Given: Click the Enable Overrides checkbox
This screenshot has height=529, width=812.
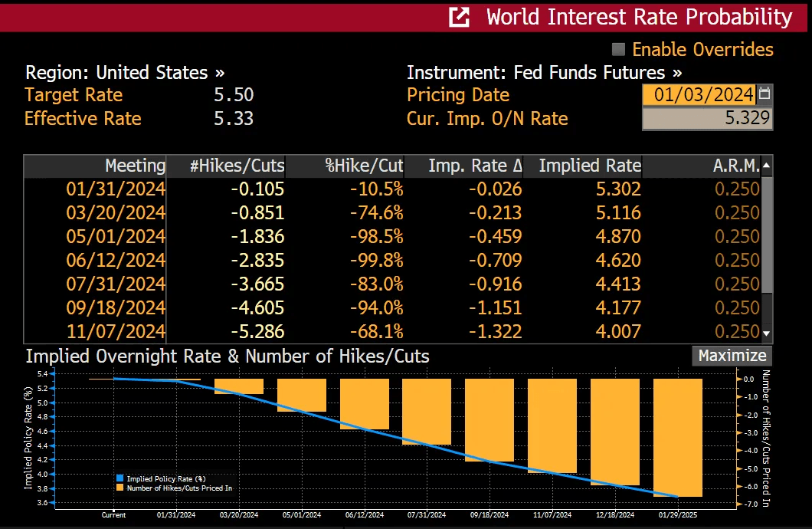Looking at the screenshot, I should pyautogui.click(x=619, y=50).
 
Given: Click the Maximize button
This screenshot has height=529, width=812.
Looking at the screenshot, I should pyautogui.click(x=732, y=356).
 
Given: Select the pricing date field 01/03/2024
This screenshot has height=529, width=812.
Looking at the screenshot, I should pyautogui.click(x=698, y=95).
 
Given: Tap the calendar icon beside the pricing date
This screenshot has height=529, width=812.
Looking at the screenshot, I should pyautogui.click(x=765, y=94).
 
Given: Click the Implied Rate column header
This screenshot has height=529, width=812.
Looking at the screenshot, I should pyautogui.click(x=589, y=166).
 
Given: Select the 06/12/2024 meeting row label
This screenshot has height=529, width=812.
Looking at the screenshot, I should pyautogui.click(x=116, y=260).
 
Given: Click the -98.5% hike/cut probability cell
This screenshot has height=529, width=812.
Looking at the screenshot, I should pyautogui.click(x=376, y=236).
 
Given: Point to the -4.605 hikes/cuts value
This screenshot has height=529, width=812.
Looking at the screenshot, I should pyautogui.click(x=258, y=307).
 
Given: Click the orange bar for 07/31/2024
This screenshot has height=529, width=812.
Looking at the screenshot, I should pyautogui.click(x=427, y=411).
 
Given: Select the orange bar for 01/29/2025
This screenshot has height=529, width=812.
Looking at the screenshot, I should pyautogui.click(x=678, y=437).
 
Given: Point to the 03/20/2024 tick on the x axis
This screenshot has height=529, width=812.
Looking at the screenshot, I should pyautogui.click(x=239, y=515).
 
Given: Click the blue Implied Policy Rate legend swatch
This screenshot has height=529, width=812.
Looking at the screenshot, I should pyautogui.click(x=120, y=478).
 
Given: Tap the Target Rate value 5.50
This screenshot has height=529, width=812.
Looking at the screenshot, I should pyautogui.click(x=234, y=95).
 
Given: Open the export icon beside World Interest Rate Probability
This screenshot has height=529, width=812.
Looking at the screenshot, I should pyautogui.click(x=459, y=17).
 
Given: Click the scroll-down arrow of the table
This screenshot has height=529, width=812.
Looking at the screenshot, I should pyautogui.click(x=767, y=333).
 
